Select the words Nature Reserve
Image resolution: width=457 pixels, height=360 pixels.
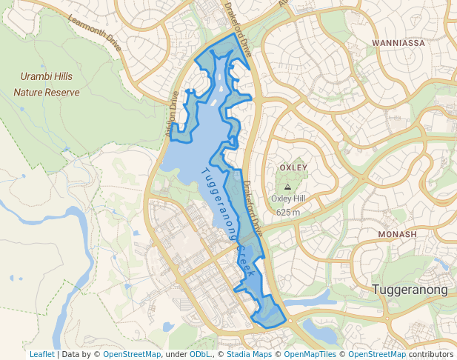coord(46,93)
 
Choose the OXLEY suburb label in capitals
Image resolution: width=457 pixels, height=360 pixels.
coord(293,167)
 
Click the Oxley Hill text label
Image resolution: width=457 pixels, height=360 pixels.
coord(288,199)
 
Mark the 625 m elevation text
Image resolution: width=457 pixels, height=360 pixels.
coord(288,212)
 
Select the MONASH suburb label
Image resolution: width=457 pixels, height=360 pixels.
coord(397,234)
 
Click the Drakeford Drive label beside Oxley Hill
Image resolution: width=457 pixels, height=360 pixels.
coord(253,209)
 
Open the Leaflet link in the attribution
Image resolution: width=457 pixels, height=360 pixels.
coord(41,354)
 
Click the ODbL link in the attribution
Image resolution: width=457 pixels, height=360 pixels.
coord(200,354)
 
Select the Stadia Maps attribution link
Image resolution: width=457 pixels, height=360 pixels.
coord(247,354)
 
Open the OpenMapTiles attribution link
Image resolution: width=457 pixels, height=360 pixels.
coord(310,354)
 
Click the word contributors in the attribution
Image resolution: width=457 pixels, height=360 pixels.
coord(430,354)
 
